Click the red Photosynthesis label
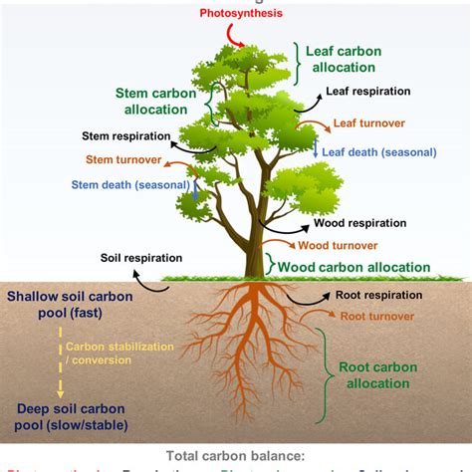click(241, 13)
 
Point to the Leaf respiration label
click(367, 92)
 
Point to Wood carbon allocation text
click(354, 267)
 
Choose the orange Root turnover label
click(377, 316)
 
